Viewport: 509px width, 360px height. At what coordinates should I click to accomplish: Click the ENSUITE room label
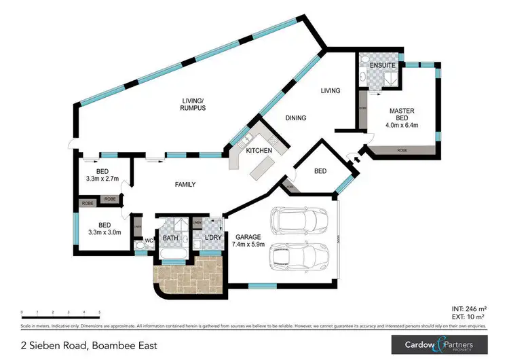(x=373, y=65)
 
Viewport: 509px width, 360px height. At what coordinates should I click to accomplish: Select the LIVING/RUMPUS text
(x=193, y=103)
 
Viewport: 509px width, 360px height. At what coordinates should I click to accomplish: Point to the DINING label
(x=295, y=118)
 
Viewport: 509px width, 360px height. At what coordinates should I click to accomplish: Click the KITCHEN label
(x=259, y=149)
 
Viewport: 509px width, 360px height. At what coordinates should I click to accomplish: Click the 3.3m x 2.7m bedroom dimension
(x=104, y=179)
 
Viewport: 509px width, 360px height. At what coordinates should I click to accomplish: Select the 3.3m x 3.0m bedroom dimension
(x=104, y=232)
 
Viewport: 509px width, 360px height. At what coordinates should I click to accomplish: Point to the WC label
(x=149, y=240)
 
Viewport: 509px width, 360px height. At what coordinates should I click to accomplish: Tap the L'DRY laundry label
(x=206, y=238)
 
